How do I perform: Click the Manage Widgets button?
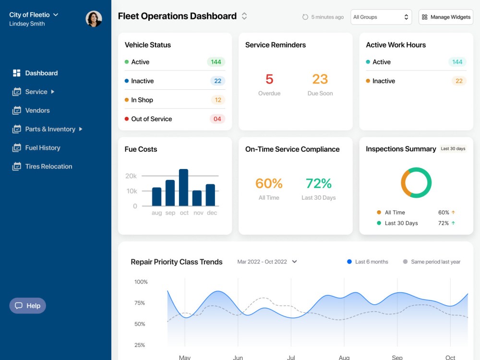(446, 17)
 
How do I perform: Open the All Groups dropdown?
(381, 17)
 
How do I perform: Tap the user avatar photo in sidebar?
(94, 19)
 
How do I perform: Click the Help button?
(27, 305)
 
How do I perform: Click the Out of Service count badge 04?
(217, 119)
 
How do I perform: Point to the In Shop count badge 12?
(217, 100)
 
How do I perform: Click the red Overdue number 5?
(269, 79)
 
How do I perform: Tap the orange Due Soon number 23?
(320, 79)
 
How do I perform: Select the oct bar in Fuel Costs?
(184, 187)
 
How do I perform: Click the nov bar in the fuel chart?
(197, 198)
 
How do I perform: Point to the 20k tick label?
(131, 176)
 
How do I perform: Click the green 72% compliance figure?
(319, 183)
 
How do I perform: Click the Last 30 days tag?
(453, 149)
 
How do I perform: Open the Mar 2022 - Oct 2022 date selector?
(267, 262)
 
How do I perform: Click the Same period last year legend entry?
(432, 262)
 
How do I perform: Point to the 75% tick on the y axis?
(140, 303)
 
